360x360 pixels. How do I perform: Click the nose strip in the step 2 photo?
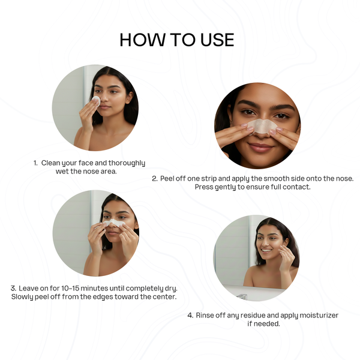(x=260, y=125)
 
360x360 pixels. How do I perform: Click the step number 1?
(x=35, y=163)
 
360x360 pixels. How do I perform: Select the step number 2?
(x=154, y=179)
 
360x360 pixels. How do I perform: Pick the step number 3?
(x=13, y=288)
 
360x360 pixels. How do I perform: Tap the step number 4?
(x=190, y=315)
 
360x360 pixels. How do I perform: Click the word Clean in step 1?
(x=52, y=163)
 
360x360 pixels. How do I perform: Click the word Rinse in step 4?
(x=206, y=315)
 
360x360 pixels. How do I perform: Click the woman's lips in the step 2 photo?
(x=259, y=147)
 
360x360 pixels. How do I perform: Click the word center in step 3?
(x=164, y=297)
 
